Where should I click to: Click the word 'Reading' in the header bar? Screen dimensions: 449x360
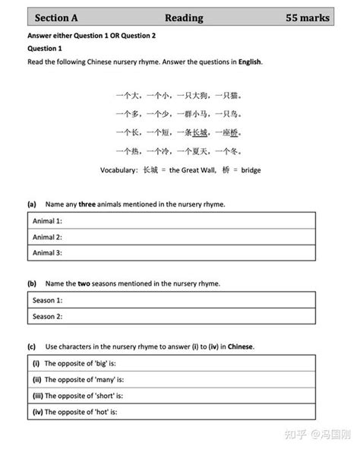[x=183, y=17]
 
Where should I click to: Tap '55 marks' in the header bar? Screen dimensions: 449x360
[x=307, y=17]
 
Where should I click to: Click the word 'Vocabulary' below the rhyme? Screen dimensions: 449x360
[x=118, y=170]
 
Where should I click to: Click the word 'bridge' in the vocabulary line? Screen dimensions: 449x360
[x=248, y=170]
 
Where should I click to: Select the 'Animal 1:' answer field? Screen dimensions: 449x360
[x=172, y=220]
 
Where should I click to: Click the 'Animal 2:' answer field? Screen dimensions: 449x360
[x=172, y=236]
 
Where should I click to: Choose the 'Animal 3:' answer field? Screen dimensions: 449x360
[x=172, y=252]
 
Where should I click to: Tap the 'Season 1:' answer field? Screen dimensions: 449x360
[x=172, y=300]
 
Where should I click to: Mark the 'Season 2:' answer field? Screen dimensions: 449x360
[x=172, y=316]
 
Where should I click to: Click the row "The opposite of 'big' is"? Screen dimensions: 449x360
[x=172, y=364]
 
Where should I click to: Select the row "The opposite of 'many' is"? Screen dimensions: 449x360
[x=172, y=380]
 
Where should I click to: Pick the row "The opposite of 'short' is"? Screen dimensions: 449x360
[x=172, y=396]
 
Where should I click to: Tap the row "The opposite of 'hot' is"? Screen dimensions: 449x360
[x=172, y=413]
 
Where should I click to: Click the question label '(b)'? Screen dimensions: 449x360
[x=32, y=283]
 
